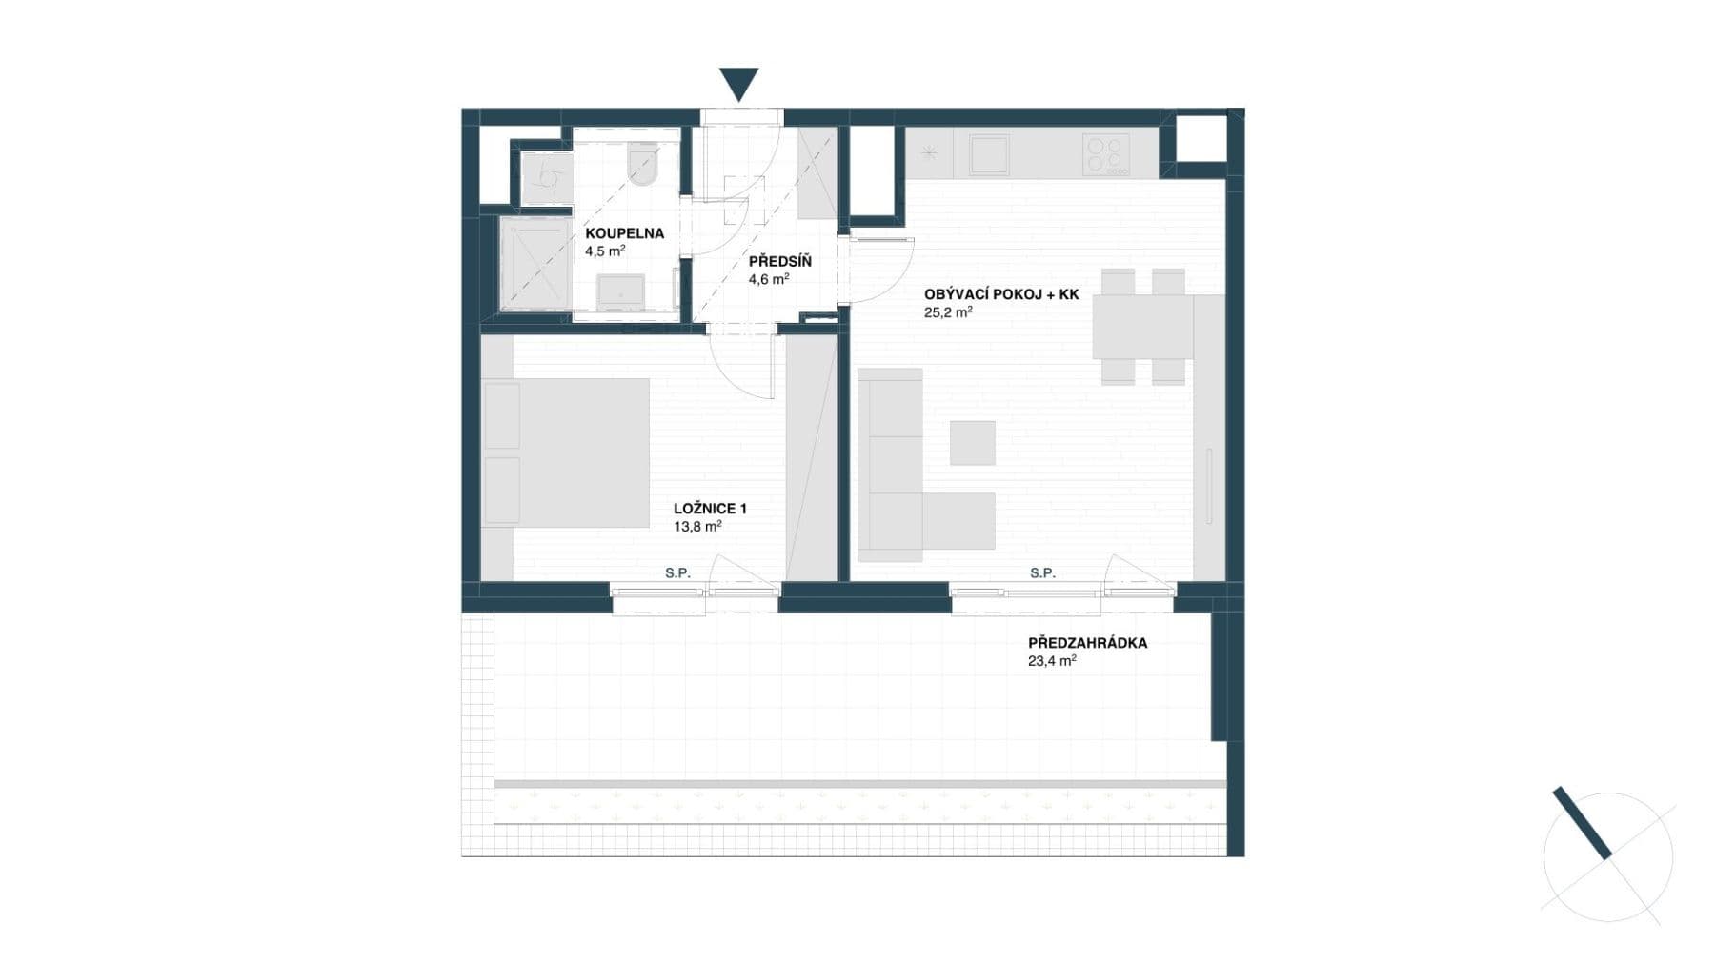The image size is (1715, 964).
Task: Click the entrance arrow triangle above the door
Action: [738, 83]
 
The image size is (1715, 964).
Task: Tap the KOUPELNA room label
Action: [624, 233]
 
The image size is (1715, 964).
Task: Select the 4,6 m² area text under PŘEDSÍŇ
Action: [768, 279]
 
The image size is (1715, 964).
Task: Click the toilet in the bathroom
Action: [644, 164]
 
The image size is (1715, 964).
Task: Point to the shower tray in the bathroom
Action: [534, 264]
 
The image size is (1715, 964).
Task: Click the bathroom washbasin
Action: [621, 291]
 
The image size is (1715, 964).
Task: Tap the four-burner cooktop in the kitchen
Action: [1106, 154]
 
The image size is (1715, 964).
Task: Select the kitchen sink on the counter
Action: [988, 154]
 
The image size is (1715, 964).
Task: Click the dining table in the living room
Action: [1142, 326]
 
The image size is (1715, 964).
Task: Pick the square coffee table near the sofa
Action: [972, 443]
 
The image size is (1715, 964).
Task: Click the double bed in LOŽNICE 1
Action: [566, 452]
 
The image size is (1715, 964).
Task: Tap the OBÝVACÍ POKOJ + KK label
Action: [1000, 295]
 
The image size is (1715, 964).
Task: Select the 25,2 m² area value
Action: [947, 312]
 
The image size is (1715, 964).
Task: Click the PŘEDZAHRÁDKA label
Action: [1087, 643]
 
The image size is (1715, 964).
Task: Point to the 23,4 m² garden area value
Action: [1051, 660]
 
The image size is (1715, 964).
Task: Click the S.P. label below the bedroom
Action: [677, 573]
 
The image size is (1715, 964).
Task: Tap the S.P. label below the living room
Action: [1042, 573]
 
